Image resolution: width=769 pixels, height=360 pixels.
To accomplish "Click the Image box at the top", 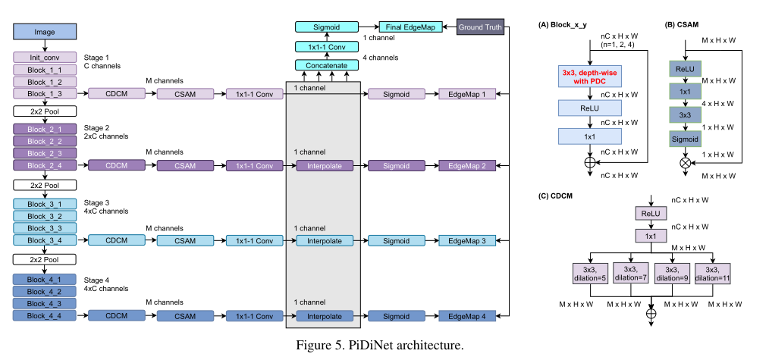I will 44,32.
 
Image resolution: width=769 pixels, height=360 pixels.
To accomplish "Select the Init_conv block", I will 44,58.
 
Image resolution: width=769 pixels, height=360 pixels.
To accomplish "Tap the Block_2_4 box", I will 44,165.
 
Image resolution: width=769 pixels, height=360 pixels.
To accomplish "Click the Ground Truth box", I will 479,27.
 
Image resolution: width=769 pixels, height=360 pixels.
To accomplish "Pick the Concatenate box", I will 326,66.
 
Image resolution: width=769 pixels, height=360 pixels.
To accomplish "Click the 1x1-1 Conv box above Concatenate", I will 326,47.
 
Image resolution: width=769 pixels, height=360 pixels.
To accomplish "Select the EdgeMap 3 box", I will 472,241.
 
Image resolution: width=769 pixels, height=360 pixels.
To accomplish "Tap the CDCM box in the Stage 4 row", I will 116,316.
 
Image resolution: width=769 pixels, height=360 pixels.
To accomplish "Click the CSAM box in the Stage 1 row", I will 187,94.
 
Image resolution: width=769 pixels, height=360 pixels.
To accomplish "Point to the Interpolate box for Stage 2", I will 325,165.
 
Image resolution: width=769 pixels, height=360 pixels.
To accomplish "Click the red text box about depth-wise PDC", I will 589,77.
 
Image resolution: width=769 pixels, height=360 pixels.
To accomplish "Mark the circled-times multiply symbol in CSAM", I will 685,162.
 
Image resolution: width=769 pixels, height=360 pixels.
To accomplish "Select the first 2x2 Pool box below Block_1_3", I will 44,111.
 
